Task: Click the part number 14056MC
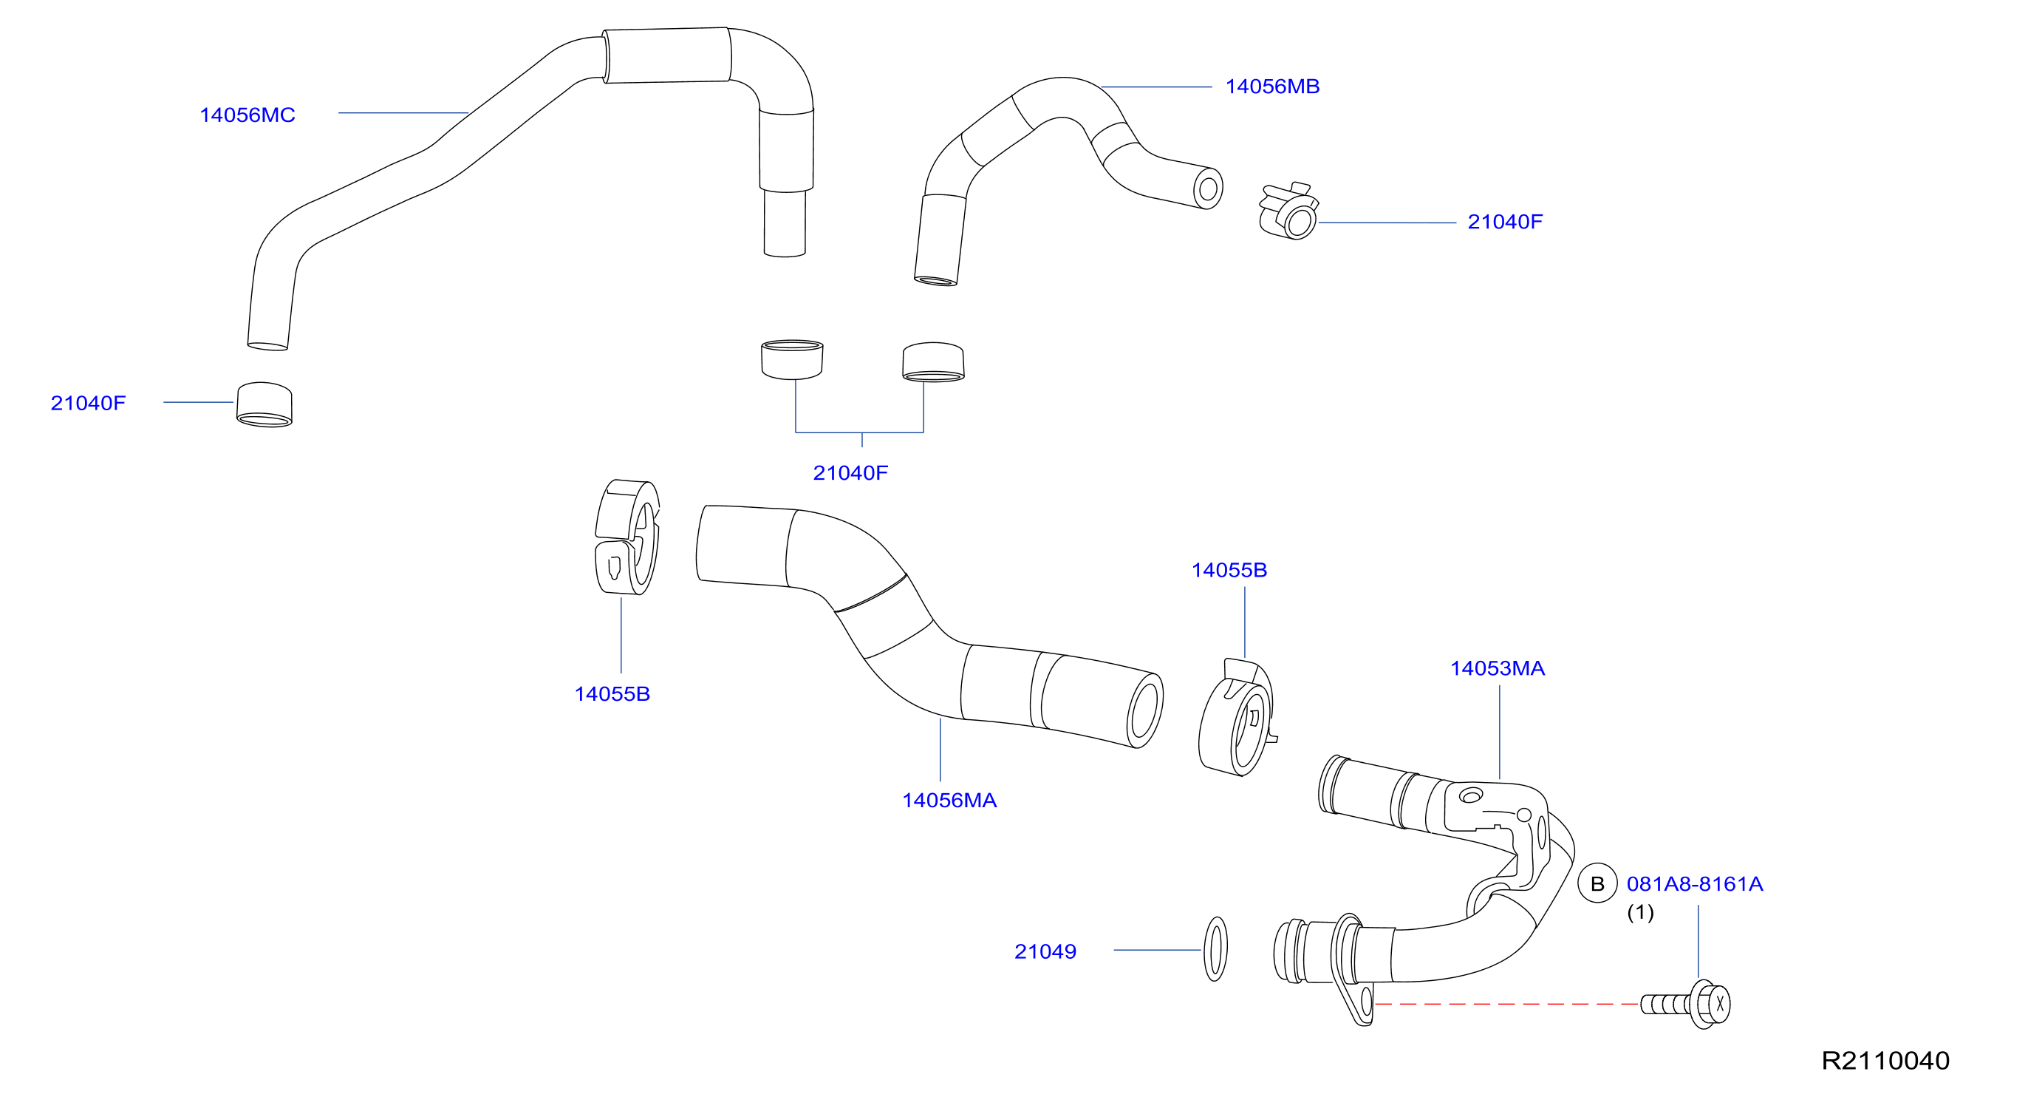pos(247,115)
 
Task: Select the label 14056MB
pos(1272,86)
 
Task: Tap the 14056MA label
pos(949,800)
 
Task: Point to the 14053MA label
pos(1498,668)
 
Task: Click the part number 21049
pos(1045,951)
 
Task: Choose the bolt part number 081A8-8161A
pos(1694,883)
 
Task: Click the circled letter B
pos(1597,883)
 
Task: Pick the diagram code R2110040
pos(1885,1060)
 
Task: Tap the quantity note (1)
pos(1641,912)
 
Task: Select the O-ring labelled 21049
pos(1215,949)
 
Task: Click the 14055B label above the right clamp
pos(1229,570)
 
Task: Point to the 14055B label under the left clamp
pos(612,694)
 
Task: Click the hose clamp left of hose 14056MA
pos(627,537)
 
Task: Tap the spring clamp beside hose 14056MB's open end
pos(1288,211)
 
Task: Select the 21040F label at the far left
pos(88,403)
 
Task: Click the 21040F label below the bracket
pos(850,472)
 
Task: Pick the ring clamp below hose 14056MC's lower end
pos(264,405)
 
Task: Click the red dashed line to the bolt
pos(1507,1004)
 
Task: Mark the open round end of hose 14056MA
pos(1144,710)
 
